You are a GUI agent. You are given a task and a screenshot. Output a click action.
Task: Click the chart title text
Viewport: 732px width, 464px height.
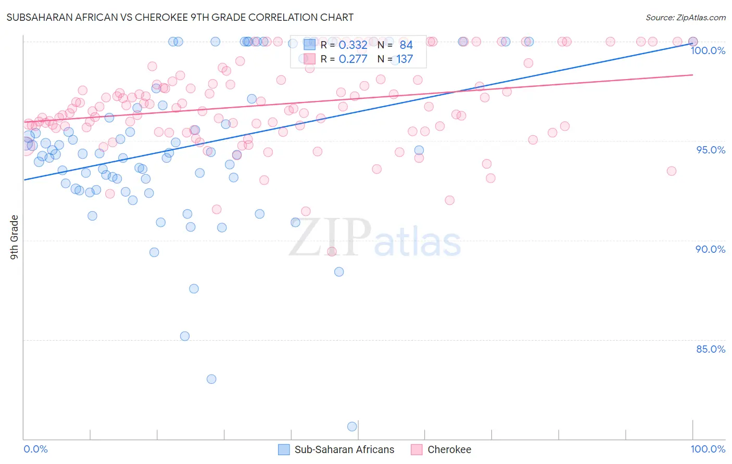180,17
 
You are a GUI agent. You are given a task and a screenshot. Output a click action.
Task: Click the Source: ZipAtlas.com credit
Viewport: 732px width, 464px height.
685,17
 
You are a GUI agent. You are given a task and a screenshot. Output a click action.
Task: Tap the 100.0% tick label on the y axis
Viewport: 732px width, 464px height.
708,50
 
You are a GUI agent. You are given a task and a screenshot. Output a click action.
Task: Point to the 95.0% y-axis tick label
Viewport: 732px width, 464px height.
711,150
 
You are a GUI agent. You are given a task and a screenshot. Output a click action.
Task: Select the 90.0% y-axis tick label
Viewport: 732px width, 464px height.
710,249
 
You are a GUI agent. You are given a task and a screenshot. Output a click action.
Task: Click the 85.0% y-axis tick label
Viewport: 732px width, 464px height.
710,349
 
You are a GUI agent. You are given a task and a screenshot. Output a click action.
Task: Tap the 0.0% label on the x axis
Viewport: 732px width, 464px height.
35,449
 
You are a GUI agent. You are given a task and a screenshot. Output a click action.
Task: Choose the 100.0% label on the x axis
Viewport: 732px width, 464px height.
708,449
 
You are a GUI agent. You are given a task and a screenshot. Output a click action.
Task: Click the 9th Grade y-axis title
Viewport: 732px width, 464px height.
15,237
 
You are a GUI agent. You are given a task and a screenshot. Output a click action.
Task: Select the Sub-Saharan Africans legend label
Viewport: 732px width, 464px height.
344,449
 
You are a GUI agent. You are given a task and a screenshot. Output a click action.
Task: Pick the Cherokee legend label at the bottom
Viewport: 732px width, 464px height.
449,449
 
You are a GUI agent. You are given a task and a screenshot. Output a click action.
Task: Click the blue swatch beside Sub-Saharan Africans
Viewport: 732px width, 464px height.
284,449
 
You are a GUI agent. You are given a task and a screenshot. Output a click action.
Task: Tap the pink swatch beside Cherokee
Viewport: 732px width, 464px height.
417,449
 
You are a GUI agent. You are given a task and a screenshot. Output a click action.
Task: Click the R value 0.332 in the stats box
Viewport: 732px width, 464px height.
352,45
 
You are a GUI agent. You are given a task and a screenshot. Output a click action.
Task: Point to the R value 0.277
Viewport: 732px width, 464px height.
352,59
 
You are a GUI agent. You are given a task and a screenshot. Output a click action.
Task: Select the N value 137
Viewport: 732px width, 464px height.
405,59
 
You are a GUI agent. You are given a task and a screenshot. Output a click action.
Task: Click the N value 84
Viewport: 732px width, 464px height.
406,45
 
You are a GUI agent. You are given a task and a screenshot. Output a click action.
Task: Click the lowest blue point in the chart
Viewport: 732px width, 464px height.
352,427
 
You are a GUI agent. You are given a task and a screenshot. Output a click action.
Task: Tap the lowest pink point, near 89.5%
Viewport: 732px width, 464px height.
332,252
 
